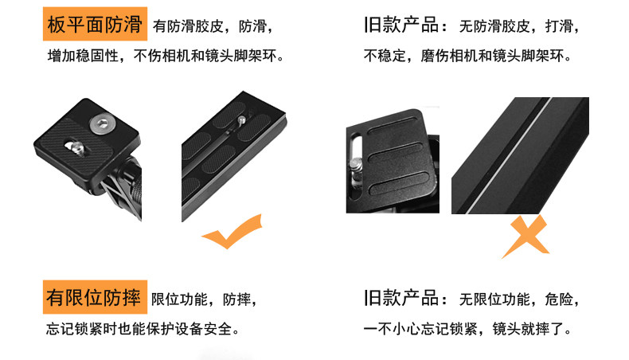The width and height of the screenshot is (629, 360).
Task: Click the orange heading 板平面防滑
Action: coord(95,24)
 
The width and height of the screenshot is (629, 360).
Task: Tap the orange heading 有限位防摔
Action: coord(95,297)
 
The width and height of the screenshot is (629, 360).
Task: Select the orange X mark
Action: coord(525,236)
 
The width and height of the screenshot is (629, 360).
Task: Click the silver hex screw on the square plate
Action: coord(100,124)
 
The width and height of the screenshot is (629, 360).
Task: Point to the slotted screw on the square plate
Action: coord(77,148)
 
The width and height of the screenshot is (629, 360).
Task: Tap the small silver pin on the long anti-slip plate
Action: coord(242,119)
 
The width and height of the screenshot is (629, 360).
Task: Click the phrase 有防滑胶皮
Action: coord(188,26)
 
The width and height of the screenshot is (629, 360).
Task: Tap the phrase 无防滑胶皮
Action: coord(494,26)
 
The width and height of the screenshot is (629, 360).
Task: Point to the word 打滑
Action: coord(559,26)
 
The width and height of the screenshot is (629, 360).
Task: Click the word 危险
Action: coord(559,299)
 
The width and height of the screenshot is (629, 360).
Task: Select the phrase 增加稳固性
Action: coord(83,56)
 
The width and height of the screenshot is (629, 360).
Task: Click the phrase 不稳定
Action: coord(385,56)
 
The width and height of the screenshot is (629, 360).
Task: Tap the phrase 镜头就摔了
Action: coord(529,329)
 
